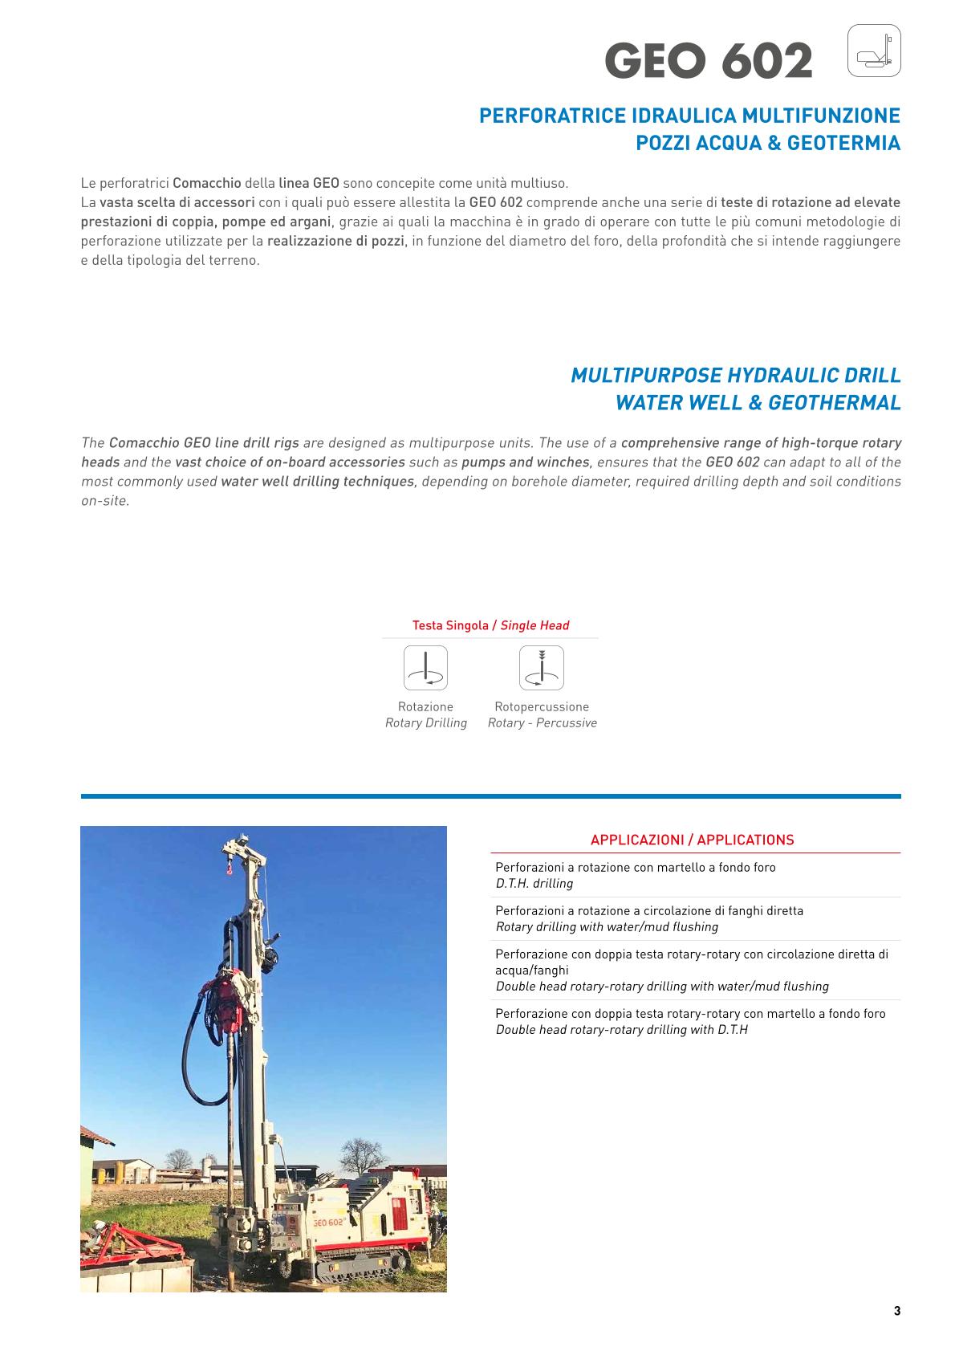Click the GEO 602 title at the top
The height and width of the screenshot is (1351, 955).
[x=709, y=61]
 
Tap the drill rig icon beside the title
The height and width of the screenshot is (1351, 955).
[x=874, y=51]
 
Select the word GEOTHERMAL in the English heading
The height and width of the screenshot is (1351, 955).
[x=835, y=403]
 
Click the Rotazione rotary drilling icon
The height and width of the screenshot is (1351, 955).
[x=425, y=668]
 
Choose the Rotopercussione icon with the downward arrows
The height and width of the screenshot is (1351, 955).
[x=542, y=668]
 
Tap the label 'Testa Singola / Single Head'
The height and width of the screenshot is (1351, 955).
[x=490, y=625]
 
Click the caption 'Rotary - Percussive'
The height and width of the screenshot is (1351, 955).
[x=543, y=723]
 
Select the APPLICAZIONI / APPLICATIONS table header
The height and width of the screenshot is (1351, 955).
[x=692, y=840]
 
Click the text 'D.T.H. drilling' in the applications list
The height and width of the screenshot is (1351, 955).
[x=534, y=884]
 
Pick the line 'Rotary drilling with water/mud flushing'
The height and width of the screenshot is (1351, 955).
[x=607, y=927]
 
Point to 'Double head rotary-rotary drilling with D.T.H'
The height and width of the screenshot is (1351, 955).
[x=622, y=1030]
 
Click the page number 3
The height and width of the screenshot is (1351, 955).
[x=897, y=1312]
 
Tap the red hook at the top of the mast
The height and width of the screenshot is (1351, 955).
[x=229, y=865]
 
